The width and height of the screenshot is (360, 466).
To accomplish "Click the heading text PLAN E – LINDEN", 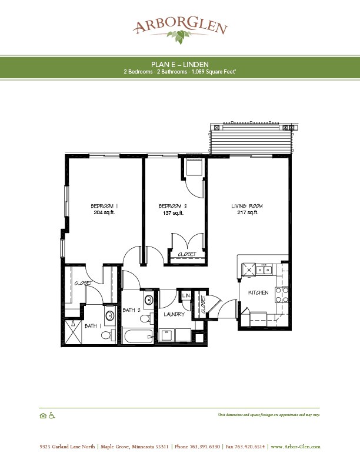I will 180,64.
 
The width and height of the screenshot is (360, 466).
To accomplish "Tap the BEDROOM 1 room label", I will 104,205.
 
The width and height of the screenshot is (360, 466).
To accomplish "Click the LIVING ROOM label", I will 246,205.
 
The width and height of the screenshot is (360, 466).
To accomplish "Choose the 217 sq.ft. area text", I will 246,213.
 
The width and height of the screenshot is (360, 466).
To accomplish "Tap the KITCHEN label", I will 258,292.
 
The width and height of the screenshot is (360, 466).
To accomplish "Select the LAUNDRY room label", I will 174,314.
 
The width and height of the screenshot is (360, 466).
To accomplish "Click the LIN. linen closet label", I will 186,295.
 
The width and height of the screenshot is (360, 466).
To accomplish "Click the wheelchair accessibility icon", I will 51,415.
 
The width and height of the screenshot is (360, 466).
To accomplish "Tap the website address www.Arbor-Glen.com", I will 295,447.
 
